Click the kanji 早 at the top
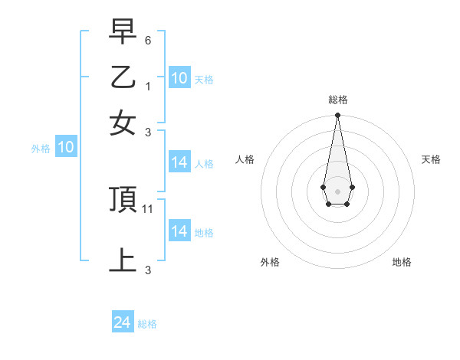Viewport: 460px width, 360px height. point(123,33)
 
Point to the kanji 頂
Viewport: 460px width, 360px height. point(123,200)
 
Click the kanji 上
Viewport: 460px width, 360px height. point(123,260)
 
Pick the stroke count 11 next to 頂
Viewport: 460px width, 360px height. point(149,208)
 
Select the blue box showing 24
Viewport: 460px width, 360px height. point(123,323)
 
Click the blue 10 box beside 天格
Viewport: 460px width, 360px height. point(179,78)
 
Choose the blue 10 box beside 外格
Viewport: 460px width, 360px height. point(66,148)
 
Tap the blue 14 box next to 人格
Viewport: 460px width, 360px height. point(179,162)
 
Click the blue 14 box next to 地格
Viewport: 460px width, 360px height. point(179,231)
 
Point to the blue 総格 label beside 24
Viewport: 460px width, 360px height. point(147,325)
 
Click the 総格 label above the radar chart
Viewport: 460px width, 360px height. point(337,100)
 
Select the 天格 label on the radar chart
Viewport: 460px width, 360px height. point(431,159)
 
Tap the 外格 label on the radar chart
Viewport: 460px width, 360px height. point(270,262)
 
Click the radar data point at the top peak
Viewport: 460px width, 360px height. point(337,116)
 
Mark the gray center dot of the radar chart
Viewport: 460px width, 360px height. point(337,190)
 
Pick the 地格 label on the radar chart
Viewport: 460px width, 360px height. point(402,262)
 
